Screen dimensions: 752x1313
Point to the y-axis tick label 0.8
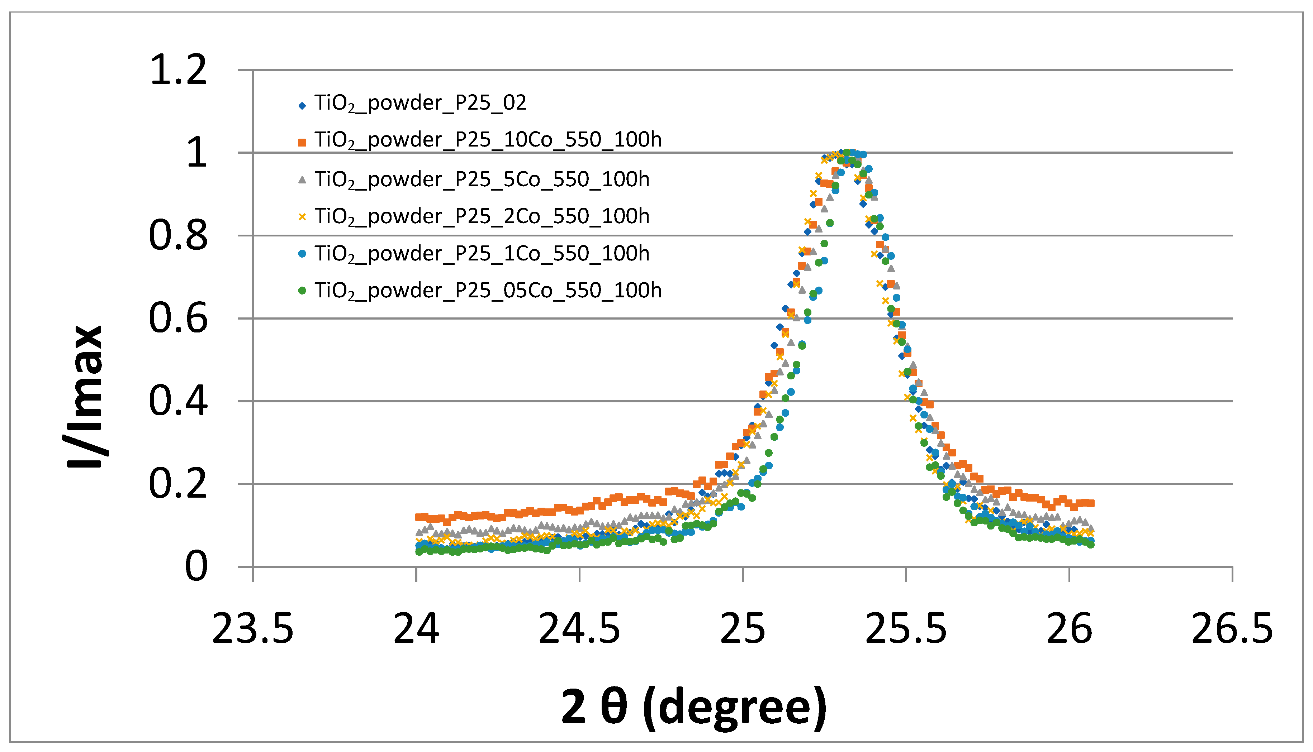click(178, 236)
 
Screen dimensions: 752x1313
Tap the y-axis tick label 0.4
click(178, 402)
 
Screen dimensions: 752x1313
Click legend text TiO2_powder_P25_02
click(420, 103)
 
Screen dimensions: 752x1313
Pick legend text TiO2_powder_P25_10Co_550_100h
click(488, 140)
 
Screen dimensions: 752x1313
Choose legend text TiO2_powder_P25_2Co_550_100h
click(482, 216)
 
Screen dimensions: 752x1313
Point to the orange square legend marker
click(302, 142)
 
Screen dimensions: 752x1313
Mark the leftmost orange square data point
click(418, 517)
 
